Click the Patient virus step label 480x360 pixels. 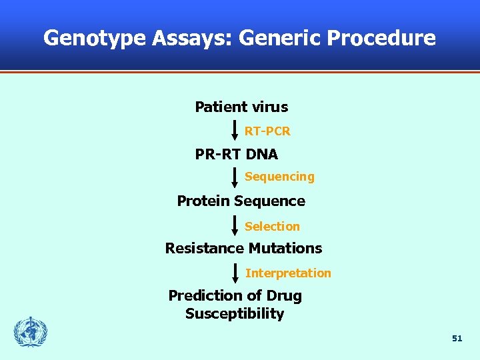pyautogui.click(x=241, y=107)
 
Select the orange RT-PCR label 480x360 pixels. pyautogui.click(x=267, y=131)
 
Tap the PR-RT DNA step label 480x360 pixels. pyautogui.click(x=236, y=154)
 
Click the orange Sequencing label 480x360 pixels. pyautogui.click(x=279, y=177)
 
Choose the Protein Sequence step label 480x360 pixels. pyautogui.click(x=241, y=201)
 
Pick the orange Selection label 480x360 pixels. pyautogui.click(x=272, y=227)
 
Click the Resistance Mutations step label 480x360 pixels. pyautogui.click(x=243, y=248)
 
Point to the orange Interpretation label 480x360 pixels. pyautogui.click(x=288, y=273)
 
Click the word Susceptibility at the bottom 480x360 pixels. pyautogui.click(x=235, y=314)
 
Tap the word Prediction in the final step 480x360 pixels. pyautogui.click(x=202, y=295)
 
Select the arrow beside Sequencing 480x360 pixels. pyautogui.click(x=235, y=177)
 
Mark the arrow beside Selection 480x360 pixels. pyautogui.click(x=235, y=225)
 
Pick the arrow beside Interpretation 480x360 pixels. pyautogui.click(x=235, y=272)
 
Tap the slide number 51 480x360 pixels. pyautogui.click(x=457, y=339)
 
